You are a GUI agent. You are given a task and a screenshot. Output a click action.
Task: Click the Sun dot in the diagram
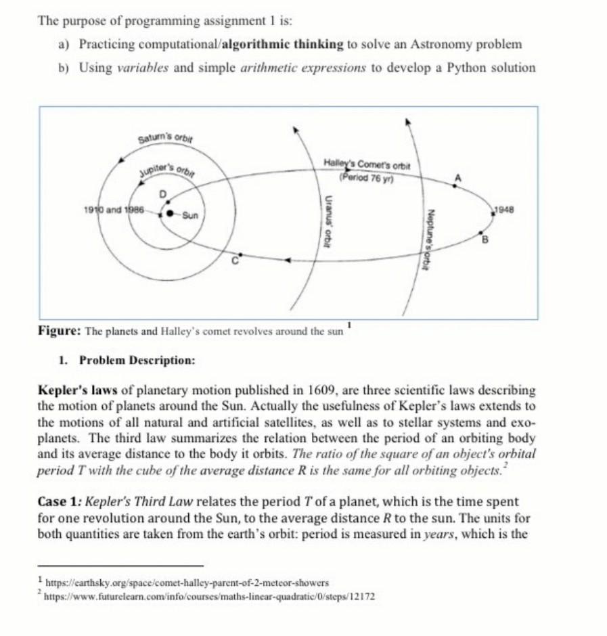(169, 214)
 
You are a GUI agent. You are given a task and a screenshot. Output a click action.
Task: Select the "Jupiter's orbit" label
(172, 166)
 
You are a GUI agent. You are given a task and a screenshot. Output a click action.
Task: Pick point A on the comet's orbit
(457, 177)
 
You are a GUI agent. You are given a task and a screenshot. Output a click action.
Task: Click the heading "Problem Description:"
(137, 360)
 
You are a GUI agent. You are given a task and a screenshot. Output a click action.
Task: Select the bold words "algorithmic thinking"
(283, 45)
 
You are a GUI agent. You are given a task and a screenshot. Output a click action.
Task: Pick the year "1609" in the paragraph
(321, 391)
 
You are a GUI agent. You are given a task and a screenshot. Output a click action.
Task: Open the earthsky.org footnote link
(186, 582)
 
